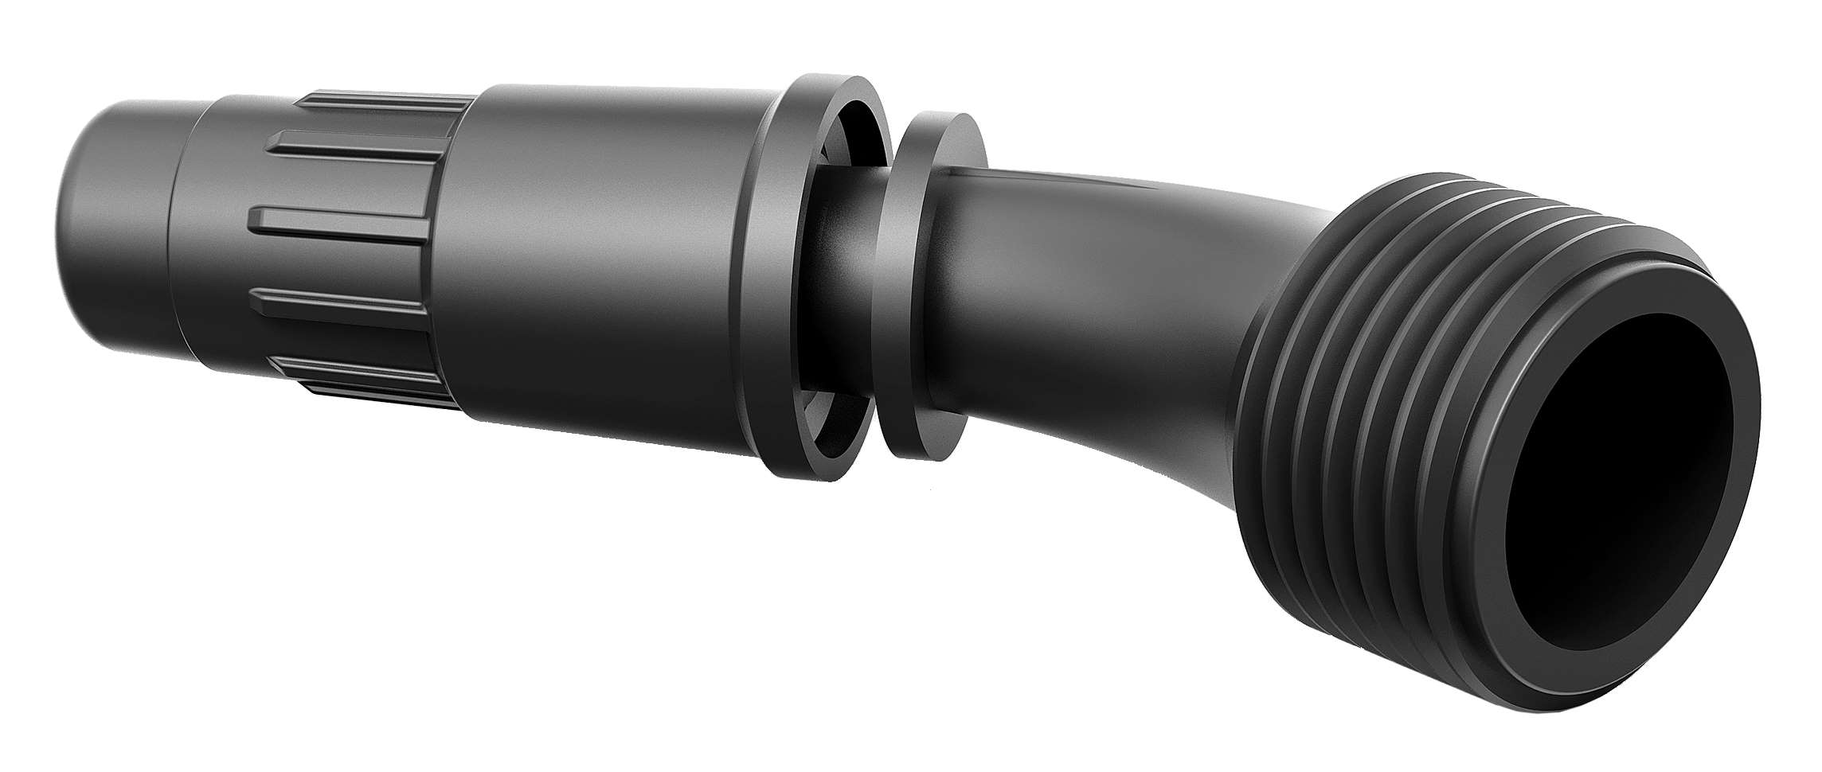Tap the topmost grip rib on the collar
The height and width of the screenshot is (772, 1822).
382,103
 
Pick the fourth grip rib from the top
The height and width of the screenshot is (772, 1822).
342,306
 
